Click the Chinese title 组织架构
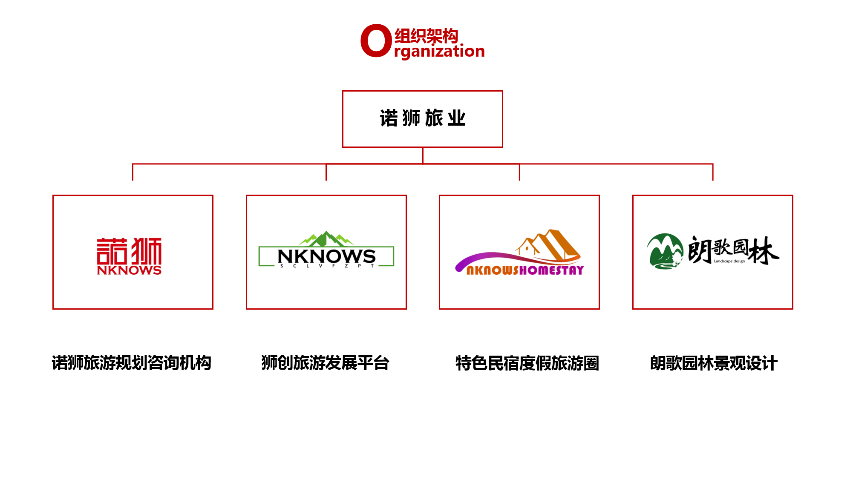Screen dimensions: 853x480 click(426, 36)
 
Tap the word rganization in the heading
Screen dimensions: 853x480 click(439, 52)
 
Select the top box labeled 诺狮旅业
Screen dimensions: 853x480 click(422, 119)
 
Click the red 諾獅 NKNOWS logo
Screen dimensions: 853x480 click(129, 256)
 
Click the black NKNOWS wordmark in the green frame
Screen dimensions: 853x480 click(326, 256)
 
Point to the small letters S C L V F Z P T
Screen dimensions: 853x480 click(327, 266)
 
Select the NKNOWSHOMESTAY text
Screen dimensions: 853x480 click(525, 270)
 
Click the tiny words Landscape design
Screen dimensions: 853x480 click(729, 261)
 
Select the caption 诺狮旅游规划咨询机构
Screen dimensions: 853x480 click(132, 363)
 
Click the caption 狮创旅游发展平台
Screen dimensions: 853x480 click(326, 363)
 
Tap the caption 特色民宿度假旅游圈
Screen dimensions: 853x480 click(527, 363)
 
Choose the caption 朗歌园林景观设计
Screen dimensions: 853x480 click(714, 363)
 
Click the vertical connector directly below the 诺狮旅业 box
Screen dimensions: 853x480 click(423, 155)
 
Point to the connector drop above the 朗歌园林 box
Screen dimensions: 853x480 click(713, 172)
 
